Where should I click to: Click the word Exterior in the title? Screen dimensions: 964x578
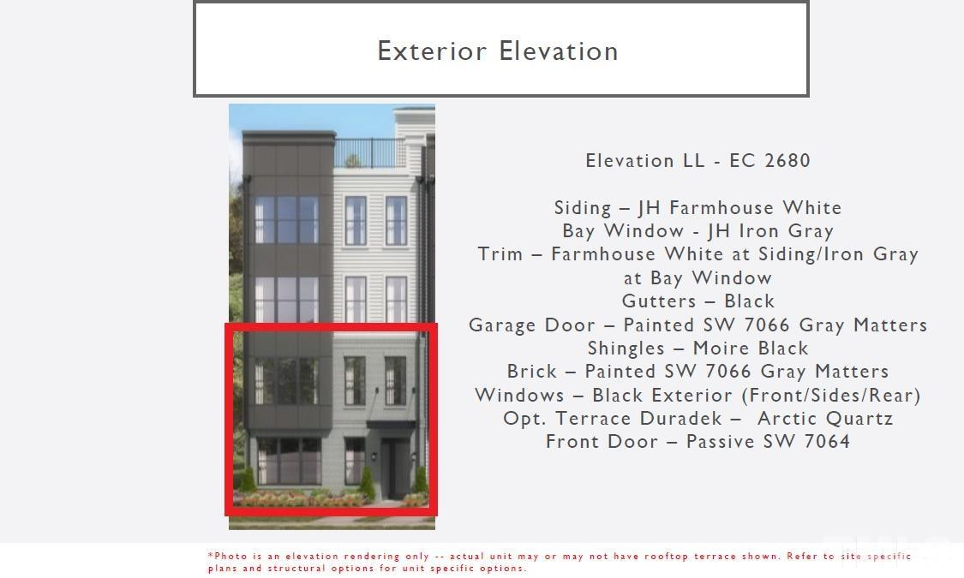pos(432,51)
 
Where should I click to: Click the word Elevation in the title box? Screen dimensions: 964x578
pos(558,51)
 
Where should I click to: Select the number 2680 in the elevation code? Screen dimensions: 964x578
pos(787,160)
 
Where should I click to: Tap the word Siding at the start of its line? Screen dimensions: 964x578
pos(583,207)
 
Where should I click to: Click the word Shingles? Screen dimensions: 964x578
pos(626,349)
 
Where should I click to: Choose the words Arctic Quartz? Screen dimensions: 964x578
pos(825,418)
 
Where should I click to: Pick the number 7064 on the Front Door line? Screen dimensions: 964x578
pos(828,441)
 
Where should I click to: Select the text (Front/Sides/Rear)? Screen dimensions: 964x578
pos(831,395)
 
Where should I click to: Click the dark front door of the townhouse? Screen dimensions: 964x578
pos(394,468)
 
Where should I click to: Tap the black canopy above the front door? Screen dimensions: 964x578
pos(391,425)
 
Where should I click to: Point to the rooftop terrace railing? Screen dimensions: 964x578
pos(369,152)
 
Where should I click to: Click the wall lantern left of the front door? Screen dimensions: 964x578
pos(374,456)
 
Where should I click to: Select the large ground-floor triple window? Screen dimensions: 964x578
pos(289,461)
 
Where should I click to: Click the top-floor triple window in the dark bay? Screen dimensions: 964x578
pos(286,219)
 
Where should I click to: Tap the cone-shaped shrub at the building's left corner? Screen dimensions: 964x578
pos(247,480)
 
